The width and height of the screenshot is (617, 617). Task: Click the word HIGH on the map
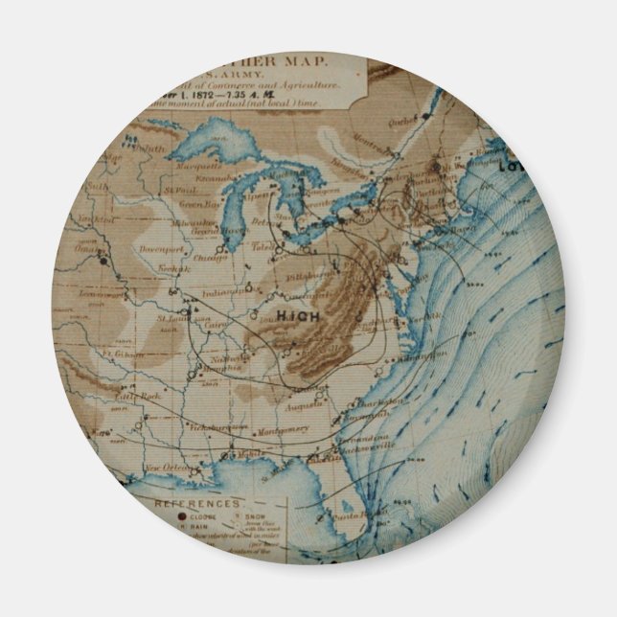click(x=297, y=314)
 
